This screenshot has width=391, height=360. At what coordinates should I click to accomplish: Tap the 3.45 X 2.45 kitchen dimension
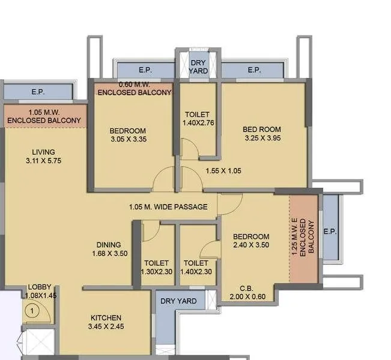click(x=106, y=327)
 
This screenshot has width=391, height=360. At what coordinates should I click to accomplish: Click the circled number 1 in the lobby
click(x=34, y=311)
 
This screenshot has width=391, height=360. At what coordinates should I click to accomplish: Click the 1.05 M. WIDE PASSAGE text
click(x=168, y=207)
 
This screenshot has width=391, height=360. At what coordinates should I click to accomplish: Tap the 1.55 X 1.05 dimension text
click(x=223, y=171)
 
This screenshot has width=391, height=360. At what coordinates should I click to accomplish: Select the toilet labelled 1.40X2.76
click(x=198, y=123)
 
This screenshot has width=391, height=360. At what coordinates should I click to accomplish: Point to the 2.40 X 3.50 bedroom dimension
click(x=251, y=245)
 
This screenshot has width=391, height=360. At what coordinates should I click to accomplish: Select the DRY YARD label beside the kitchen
click(x=178, y=301)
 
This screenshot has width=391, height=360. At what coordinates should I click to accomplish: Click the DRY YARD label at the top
click(x=198, y=67)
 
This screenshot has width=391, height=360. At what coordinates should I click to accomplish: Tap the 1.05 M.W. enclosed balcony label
click(x=44, y=116)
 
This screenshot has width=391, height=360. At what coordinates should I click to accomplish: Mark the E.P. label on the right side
click(x=330, y=232)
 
